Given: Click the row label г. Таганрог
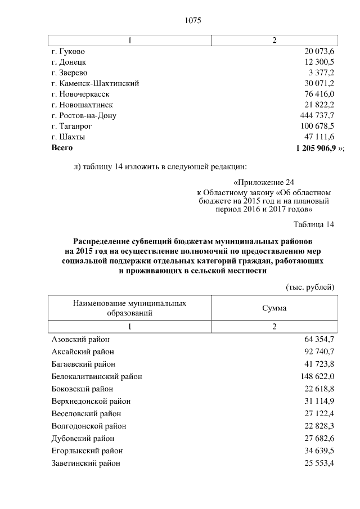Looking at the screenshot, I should pos(71,127).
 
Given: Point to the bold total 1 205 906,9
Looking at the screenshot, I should pos(315,148).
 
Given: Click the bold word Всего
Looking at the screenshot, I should pos(62,148).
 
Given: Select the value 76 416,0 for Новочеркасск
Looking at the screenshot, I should pos(319,94).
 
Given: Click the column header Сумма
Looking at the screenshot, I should pos(274,308).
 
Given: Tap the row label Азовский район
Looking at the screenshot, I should pos(80,339).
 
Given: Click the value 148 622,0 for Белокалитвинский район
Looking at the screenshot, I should pos(317,376).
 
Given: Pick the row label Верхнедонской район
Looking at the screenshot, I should pos(91,401).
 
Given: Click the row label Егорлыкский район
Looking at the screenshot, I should pos(87,451).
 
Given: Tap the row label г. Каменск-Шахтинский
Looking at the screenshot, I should pos(95,83).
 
